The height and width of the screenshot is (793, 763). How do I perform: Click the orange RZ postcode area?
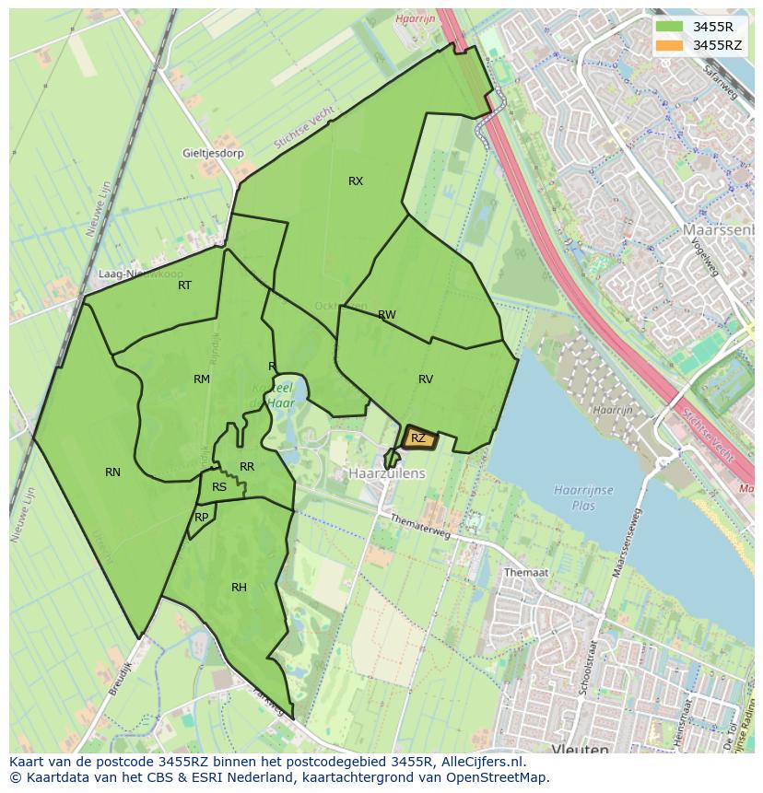point(418,438)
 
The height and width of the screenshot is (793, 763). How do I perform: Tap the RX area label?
point(356,181)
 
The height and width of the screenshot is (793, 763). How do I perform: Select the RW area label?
point(387,315)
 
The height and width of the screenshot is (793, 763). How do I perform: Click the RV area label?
point(426,379)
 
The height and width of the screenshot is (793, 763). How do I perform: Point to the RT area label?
point(185,286)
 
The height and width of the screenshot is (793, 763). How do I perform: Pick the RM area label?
point(202,379)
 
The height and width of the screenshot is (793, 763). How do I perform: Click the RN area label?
point(112,472)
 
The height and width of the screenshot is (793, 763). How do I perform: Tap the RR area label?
point(247,468)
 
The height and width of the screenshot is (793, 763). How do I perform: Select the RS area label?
point(219,487)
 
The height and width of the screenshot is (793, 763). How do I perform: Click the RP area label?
point(202,518)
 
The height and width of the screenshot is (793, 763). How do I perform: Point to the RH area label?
point(239,588)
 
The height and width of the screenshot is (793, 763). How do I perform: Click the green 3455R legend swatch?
point(670,27)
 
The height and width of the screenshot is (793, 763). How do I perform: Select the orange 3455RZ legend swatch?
point(670,45)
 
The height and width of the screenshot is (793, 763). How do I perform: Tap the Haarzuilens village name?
point(387,472)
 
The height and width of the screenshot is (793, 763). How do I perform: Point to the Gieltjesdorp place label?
point(213,153)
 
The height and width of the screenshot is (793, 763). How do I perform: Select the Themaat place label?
point(526,572)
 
